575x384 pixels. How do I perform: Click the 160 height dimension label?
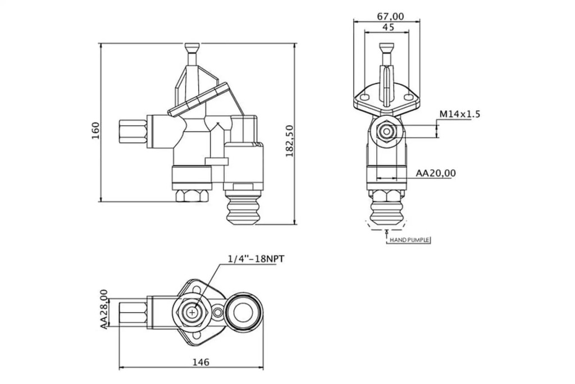(95, 130)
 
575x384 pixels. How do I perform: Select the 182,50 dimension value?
(290, 141)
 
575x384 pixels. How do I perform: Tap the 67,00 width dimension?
(390, 16)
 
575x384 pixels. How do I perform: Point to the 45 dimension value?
(388, 27)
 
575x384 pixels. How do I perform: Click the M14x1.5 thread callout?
(460, 114)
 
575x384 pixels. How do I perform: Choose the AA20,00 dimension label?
(436, 173)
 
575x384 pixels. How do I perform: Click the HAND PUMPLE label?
(409, 240)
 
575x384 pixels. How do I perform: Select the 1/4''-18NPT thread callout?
(256, 259)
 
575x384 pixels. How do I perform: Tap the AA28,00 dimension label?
(104, 309)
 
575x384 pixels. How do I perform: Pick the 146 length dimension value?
(201, 362)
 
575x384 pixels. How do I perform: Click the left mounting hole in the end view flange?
(364, 97)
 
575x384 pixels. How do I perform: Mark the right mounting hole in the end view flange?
(409, 97)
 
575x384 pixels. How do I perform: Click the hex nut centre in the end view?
(386, 132)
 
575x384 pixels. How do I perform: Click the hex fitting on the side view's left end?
(133, 132)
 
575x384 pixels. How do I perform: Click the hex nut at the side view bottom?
(192, 196)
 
